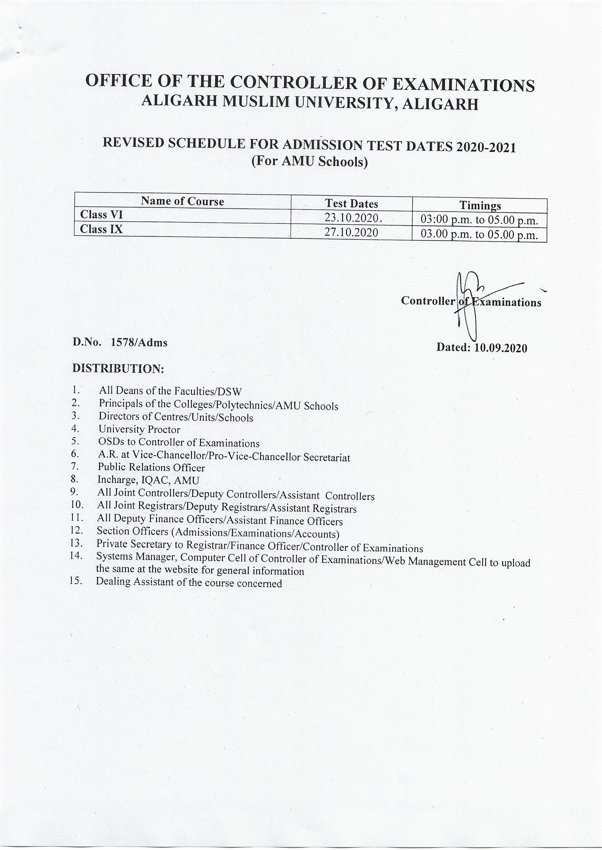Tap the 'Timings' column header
coord(480,205)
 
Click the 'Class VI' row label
coord(101,215)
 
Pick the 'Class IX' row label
coord(101,229)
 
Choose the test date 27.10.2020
coord(351,233)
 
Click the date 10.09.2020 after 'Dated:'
coord(501,348)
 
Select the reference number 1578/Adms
coord(139,343)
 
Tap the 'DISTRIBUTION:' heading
coord(118,369)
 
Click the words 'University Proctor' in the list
coord(139,430)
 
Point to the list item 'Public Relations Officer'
coord(151,468)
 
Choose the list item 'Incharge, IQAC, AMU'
coord(148,480)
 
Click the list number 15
coord(76,581)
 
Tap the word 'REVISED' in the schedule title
coord(133,143)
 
